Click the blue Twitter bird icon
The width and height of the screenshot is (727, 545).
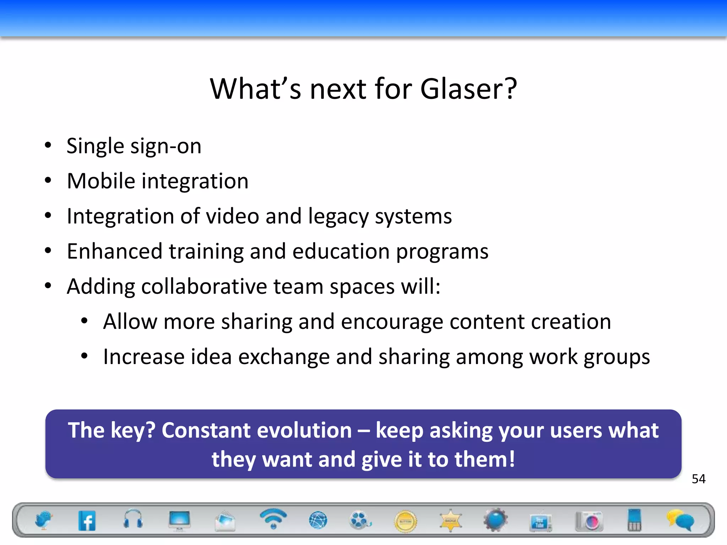coord(44,521)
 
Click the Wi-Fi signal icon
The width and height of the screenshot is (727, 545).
coord(273,518)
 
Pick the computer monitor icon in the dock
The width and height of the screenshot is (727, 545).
coord(180,521)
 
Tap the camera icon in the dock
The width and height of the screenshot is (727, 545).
coord(589,521)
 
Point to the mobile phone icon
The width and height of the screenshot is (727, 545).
coord(634,520)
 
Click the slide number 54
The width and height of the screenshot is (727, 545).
coord(698,479)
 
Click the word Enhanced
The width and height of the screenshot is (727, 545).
coord(115,251)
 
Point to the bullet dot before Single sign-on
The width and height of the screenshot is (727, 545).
coord(48,145)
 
